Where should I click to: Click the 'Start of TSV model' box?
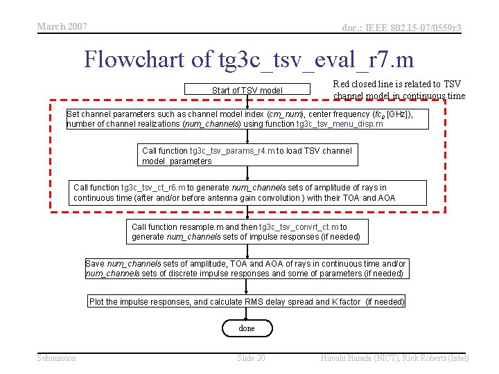[x=247, y=91]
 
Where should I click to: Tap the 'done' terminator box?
[x=247, y=328]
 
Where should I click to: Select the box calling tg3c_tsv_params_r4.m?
[x=247, y=156]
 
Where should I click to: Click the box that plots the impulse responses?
[x=247, y=301]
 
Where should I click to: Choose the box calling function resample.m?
[x=247, y=231]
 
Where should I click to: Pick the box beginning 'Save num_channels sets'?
[x=246, y=269]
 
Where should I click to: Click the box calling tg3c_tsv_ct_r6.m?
[x=250, y=193]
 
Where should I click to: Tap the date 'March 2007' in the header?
[x=62, y=26]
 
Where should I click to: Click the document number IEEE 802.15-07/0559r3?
[x=401, y=28]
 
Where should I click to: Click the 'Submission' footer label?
[x=57, y=358]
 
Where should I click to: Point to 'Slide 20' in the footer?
[x=251, y=358]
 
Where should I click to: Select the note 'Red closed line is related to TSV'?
[x=397, y=84]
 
